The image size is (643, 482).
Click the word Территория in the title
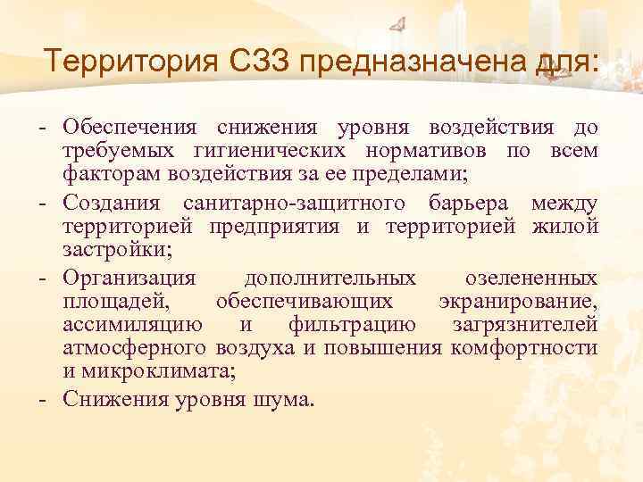136,63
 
